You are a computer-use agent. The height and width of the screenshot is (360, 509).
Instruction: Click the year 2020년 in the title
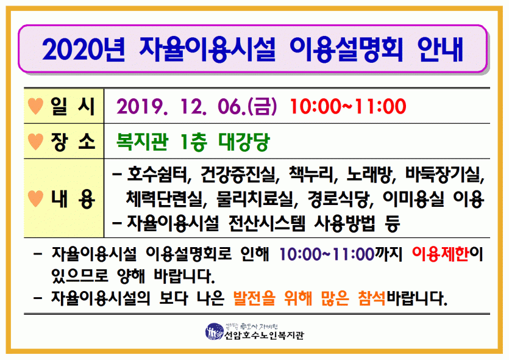click(83, 49)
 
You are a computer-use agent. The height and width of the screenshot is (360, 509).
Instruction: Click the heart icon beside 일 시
click(36, 106)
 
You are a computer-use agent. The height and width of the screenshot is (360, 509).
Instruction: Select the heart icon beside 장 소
click(36, 142)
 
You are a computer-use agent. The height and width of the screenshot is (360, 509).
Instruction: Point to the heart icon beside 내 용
click(36, 198)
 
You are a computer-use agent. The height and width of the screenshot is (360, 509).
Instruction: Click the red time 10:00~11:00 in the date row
click(348, 106)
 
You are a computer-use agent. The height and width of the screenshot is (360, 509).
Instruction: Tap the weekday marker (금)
click(262, 106)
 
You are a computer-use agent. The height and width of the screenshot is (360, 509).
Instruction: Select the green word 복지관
click(143, 142)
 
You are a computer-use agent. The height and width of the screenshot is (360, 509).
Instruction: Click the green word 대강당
click(244, 142)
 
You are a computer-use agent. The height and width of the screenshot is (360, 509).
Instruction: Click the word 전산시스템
click(267, 223)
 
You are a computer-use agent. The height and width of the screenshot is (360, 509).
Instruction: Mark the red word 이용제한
click(440, 254)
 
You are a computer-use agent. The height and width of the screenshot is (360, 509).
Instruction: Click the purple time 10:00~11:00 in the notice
click(327, 254)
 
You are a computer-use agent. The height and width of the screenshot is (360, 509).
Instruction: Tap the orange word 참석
click(372, 298)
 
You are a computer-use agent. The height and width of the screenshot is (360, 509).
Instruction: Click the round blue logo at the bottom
click(214, 332)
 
